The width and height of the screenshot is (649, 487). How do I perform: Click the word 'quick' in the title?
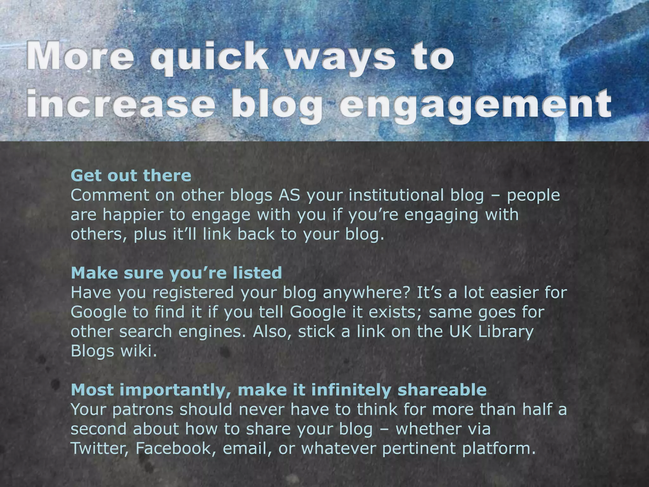[209, 57]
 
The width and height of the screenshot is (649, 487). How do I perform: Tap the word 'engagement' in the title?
[475, 105]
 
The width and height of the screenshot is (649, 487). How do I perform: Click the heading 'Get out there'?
[131, 175]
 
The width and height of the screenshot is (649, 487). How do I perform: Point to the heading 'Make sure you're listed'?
[176, 273]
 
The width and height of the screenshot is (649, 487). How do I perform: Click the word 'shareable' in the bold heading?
[442, 390]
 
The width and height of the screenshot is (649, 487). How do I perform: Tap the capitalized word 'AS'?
[289, 195]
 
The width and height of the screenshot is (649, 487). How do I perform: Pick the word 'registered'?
[193, 292]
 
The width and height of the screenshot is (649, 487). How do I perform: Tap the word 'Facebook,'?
[176, 448]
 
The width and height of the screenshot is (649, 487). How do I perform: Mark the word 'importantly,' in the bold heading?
[176, 390]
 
